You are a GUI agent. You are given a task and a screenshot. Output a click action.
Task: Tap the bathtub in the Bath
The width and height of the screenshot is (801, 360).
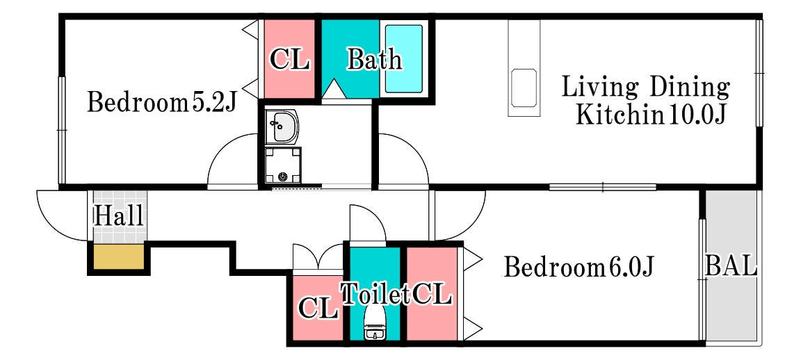[403, 58]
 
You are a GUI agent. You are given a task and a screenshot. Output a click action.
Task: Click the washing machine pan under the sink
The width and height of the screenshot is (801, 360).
[283, 165]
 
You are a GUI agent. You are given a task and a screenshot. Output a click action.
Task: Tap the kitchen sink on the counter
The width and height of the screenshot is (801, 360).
[524, 88]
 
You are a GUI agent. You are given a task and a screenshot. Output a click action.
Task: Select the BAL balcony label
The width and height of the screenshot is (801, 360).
[731, 265]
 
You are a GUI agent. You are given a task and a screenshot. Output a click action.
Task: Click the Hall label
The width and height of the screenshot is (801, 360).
[118, 216]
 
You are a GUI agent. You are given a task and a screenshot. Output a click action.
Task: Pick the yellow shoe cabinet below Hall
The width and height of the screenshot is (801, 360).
[118, 256]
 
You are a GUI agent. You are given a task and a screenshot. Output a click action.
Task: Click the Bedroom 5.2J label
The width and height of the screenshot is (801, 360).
[161, 102]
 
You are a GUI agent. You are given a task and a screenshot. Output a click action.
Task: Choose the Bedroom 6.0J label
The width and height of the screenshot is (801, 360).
[578, 267]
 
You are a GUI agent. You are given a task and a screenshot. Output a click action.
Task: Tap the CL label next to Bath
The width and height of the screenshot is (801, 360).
[290, 59]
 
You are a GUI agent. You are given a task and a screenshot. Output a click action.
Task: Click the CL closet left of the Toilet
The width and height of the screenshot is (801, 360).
[318, 308]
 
